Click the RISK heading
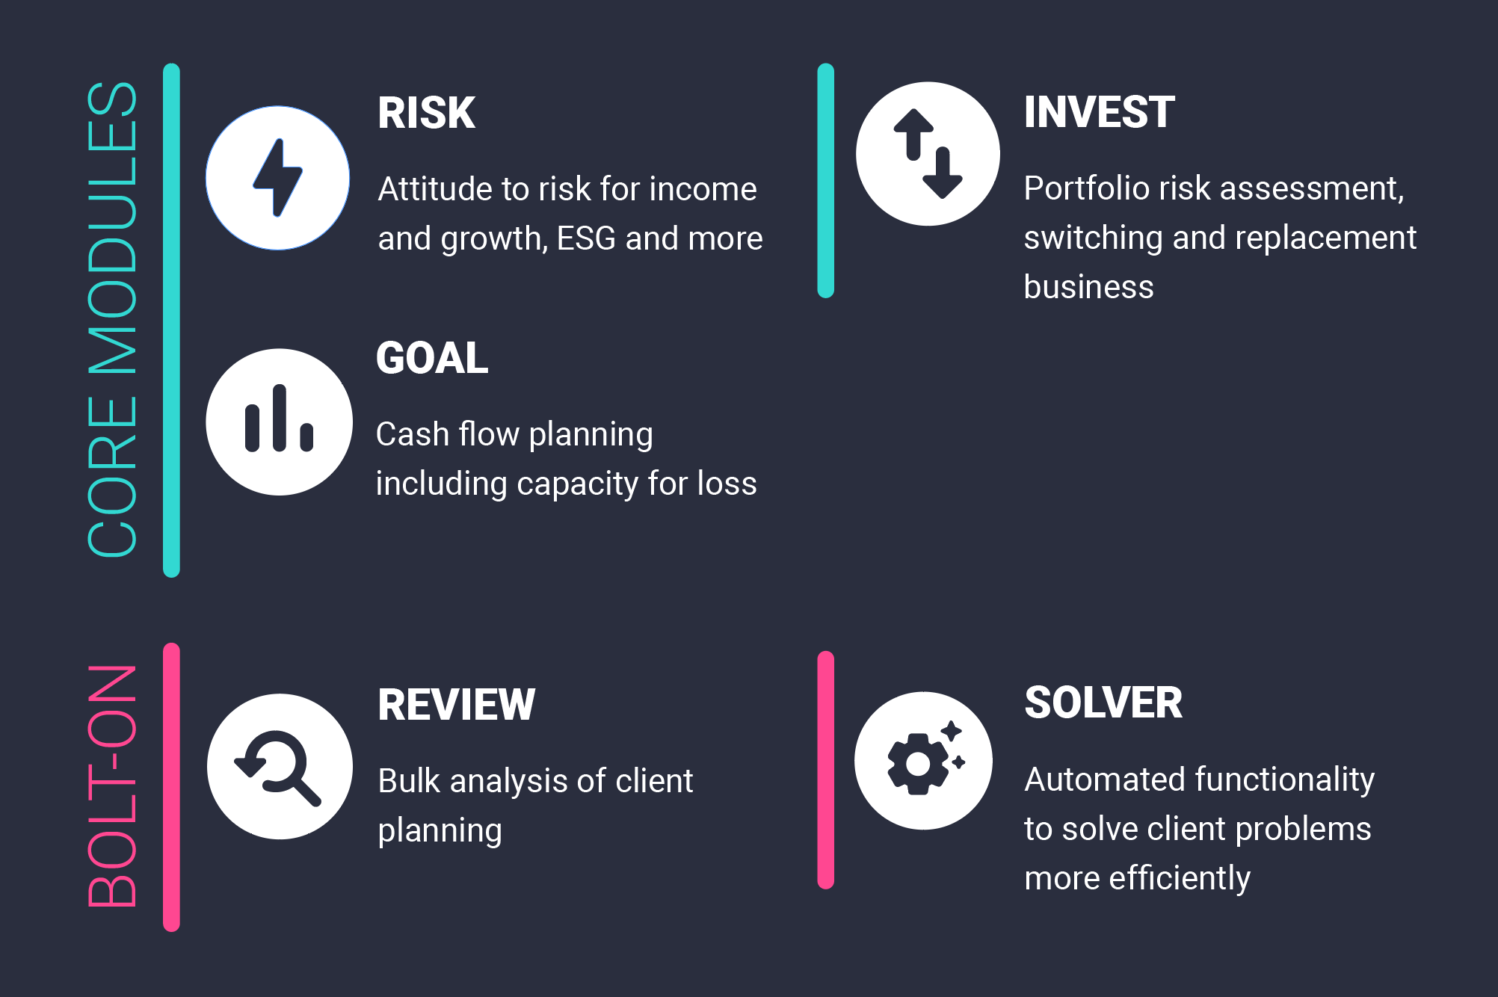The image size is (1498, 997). coord(426,114)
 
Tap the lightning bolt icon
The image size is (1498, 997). coord(277,178)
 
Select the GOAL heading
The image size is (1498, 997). coord(432,358)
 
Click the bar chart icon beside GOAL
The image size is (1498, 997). coord(279,419)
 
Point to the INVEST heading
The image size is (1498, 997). coord(1099,112)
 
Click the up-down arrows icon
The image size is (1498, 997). coord(928,154)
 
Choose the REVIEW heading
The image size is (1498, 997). coord(456,705)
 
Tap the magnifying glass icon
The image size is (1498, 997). coord(278,768)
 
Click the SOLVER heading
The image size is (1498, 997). coord(1103,703)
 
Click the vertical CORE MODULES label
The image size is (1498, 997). coord(112,319)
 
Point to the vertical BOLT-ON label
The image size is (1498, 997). coord(112,785)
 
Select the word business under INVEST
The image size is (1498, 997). coord(1088,288)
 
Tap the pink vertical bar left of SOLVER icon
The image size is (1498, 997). coord(825,770)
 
